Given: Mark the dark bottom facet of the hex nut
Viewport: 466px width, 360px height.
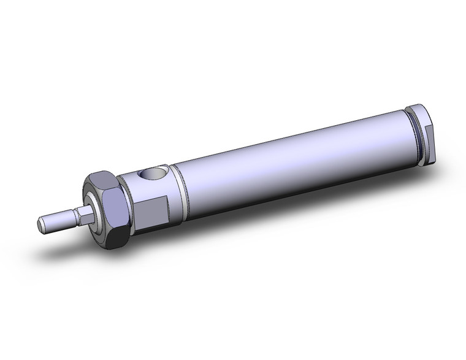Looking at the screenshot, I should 115,236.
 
